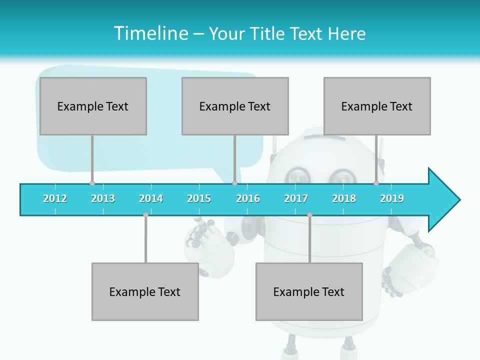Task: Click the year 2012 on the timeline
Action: coord(55,198)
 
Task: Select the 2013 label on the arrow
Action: coord(103,198)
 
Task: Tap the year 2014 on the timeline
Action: coord(151,198)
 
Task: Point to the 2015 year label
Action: coord(199,198)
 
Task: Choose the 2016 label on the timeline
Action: coord(248,198)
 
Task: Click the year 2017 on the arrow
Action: coord(296,198)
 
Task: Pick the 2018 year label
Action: coord(344,198)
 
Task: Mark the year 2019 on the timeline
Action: coord(392,198)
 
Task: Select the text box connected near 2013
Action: coord(93,106)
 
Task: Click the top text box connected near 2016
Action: coord(235,106)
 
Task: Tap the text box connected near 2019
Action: coord(377,106)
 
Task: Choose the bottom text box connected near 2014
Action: coord(145,291)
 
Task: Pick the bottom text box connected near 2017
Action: coord(309,291)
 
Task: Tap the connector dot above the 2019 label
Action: coord(376,183)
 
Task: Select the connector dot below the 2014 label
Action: coord(145,215)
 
